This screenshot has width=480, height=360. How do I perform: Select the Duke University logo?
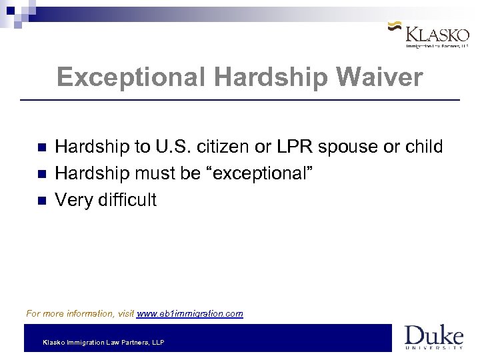[433, 337]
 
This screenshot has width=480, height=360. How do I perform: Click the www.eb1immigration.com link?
[190, 313]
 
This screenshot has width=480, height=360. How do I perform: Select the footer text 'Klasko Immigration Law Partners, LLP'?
[103, 343]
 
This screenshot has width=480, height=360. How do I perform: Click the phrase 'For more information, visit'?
[80, 313]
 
